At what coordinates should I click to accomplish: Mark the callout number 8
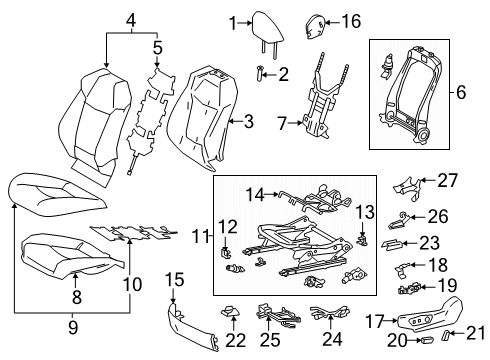coord(76,296)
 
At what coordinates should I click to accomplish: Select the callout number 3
coord(249,121)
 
